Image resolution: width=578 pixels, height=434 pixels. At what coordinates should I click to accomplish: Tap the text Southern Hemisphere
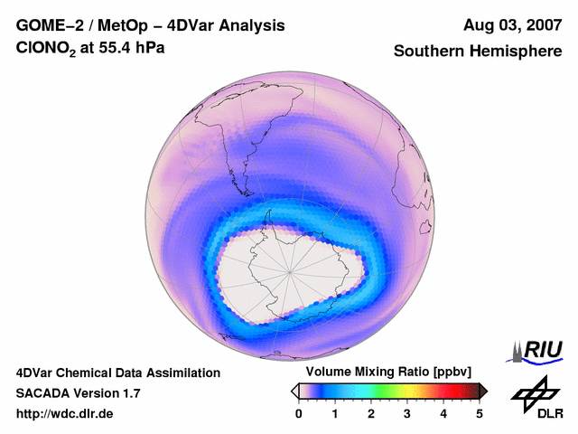pyautogui.click(x=478, y=52)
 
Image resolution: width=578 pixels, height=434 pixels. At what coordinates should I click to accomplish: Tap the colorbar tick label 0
pyautogui.click(x=299, y=413)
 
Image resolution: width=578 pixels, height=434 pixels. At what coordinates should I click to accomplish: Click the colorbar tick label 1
pyautogui.click(x=335, y=413)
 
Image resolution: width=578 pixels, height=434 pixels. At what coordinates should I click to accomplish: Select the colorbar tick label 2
pyautogui.click(x=371, y=413)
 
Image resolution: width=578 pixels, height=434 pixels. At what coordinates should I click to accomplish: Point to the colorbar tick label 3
pyautogui.click(x=407, y=413)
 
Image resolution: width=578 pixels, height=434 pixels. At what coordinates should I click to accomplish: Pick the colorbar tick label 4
pyautogui.click(x=443, y=413)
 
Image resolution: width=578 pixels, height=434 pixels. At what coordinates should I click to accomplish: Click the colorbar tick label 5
pyautogui.click(x=480, y=413)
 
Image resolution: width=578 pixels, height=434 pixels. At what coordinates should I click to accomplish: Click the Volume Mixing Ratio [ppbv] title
pyautogui.click(x=384, y=373)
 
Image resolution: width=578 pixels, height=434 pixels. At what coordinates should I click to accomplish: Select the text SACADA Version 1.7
pyautogui.click(x=78, y=393)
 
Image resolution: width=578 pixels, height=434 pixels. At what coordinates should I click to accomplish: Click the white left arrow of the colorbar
pyautogui.click(x=294, y=391)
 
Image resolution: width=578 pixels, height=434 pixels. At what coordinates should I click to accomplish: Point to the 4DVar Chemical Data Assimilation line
pyautogui.click(x=117, y=373)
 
